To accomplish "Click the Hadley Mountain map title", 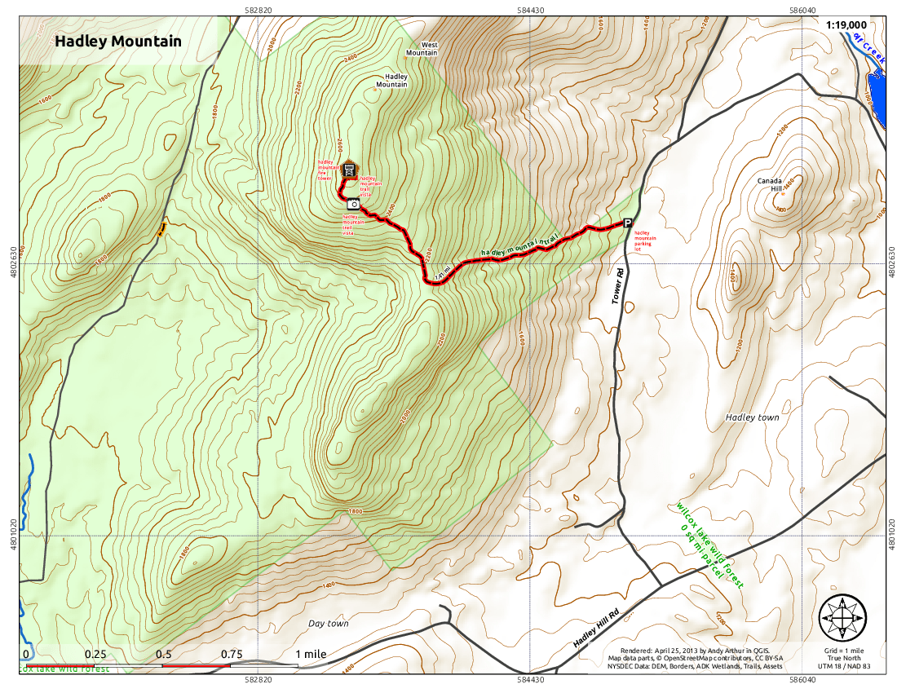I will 118,41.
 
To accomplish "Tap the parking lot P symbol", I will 628,223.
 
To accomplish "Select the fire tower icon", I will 349,170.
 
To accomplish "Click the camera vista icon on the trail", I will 353,204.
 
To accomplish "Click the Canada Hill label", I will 770,184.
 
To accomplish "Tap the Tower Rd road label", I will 619,287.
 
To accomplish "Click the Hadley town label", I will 752,417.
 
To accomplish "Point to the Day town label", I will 328,624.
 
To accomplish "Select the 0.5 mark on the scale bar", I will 164,654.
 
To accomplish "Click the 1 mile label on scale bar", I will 311,654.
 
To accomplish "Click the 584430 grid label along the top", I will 530,11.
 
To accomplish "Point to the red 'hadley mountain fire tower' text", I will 328,168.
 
